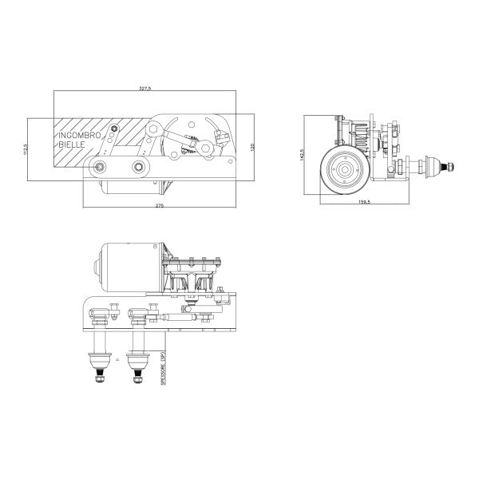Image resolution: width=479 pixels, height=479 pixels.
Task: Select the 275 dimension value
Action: point(159,207)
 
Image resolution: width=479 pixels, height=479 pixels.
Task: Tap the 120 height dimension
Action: point(252,147)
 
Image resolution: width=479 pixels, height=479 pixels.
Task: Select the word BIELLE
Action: point(70,146)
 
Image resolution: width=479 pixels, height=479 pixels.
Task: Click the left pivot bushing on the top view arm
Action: point(101,166)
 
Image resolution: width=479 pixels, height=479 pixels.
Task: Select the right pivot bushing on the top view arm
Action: point(141,167)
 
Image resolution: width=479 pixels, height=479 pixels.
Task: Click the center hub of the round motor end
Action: point(345,168)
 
